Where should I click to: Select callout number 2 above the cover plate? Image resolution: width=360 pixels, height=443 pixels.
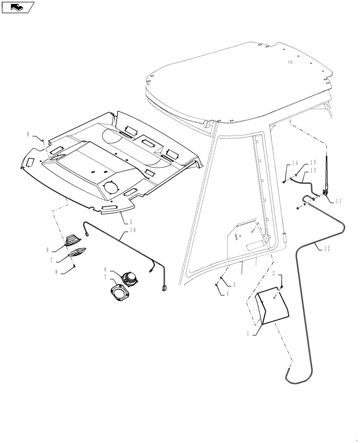pos(274,274)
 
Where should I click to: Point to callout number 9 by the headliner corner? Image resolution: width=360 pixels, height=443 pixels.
pos(28,134)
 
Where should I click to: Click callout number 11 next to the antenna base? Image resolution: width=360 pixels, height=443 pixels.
pos(339,201)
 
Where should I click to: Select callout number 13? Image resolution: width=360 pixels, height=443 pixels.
pos(313,171)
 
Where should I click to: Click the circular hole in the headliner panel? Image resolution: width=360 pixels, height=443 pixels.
pos(111,187)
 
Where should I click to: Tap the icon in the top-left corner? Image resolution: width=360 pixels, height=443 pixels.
pos(17,7)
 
